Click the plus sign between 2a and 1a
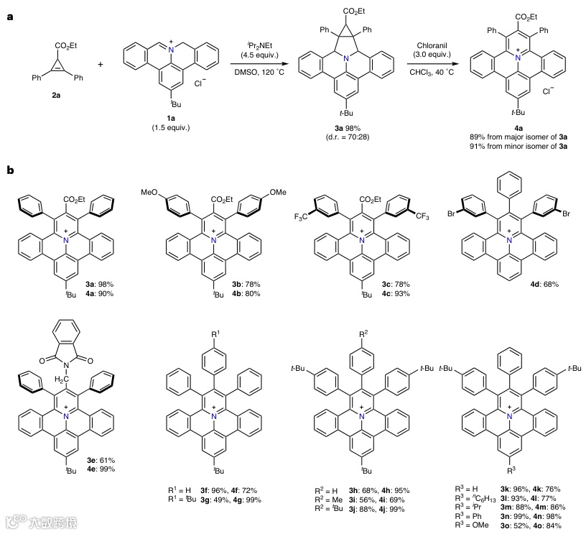pos(99,64)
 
